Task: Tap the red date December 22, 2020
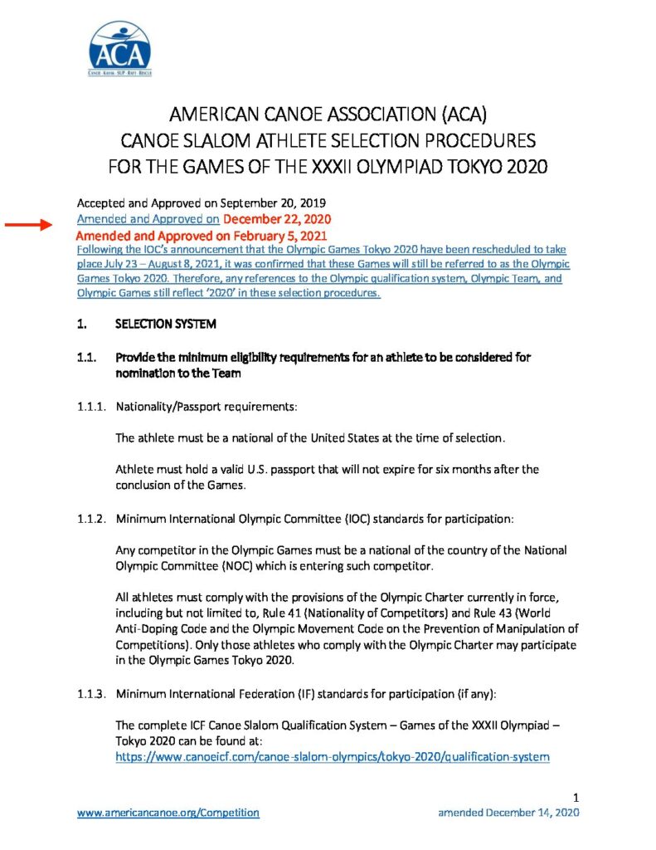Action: point(277,219)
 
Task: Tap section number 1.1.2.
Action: point(91,519)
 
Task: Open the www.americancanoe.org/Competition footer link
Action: point(168,813)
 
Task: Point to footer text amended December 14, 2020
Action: point(508,813)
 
